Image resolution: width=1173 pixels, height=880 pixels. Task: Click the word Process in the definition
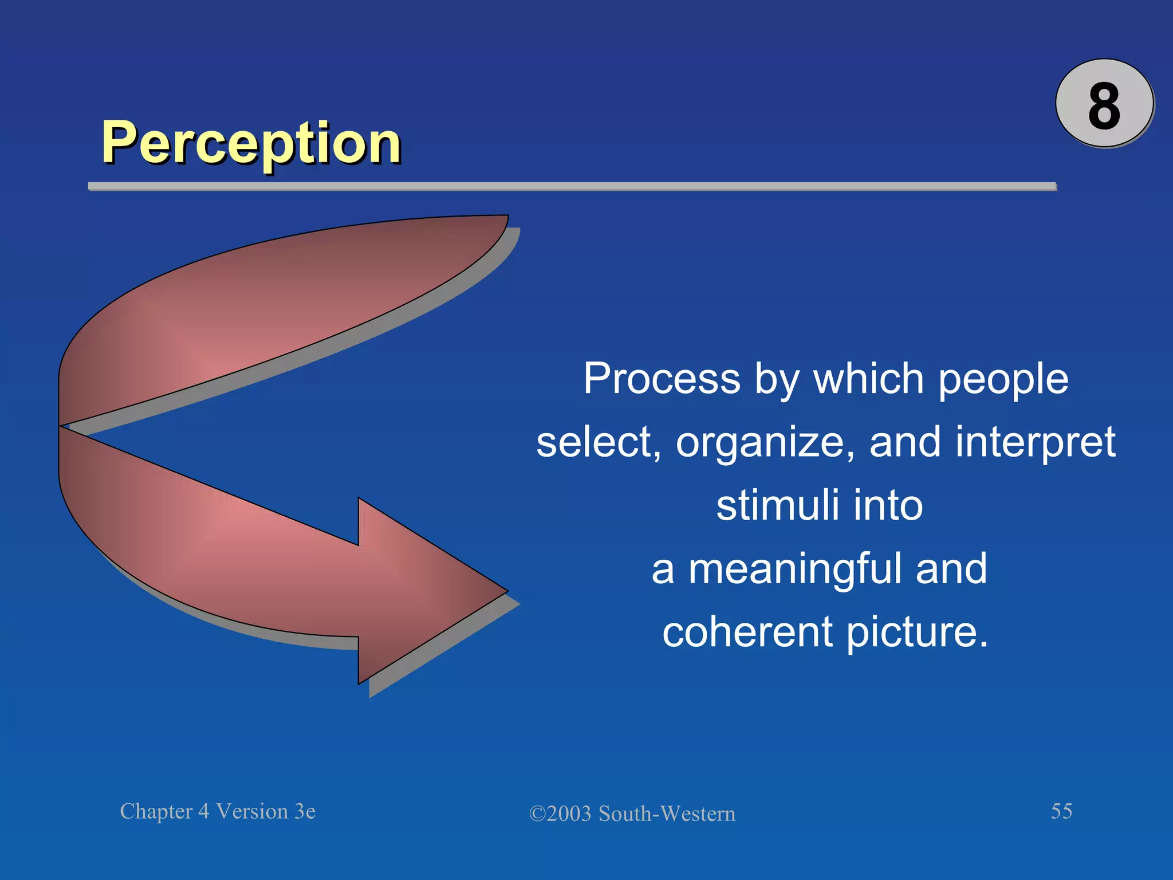click(662, 379)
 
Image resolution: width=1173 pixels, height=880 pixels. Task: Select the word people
click(1003, 380)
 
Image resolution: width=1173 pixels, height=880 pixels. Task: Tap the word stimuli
click(778, 505)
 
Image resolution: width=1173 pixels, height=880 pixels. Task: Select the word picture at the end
click(916, 632)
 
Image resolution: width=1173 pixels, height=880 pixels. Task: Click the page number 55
click(1061, 811)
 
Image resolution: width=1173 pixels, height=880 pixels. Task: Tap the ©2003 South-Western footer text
click(632, 814)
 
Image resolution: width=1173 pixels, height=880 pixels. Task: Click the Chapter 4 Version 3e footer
click(218, 811)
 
